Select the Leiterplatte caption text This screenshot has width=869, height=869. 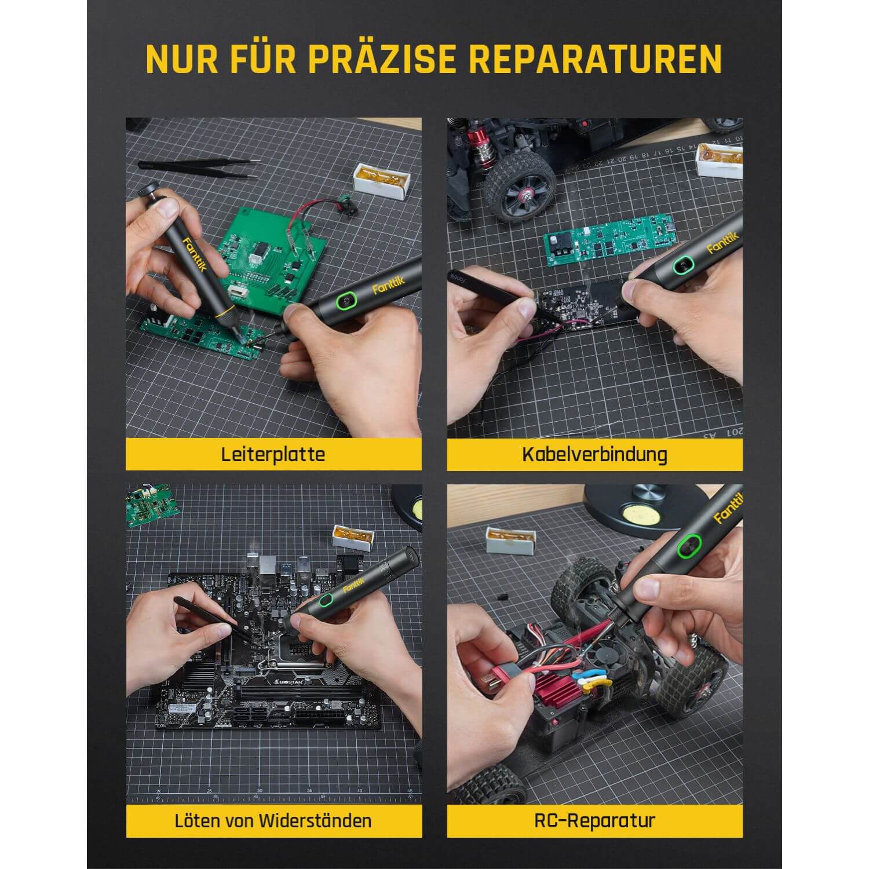pyautogui.click(x=273, y=454)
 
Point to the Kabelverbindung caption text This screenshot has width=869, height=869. pyautogui.click(x=594, y=454)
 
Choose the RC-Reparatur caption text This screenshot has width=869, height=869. pyautogui.click(x=594, y=820)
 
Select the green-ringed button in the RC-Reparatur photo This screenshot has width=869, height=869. pyautogui.click(x=689, y=545)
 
